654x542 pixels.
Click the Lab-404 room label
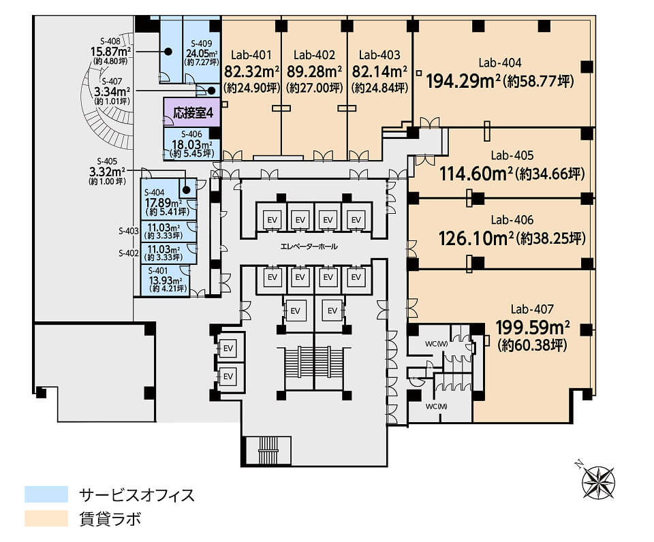(499, 63)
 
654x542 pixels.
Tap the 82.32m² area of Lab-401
(252, 71)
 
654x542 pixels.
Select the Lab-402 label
(314, 55)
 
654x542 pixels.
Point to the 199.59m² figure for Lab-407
(533, 328)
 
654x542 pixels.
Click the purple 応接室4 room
(191, 112)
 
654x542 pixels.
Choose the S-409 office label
(202, 44)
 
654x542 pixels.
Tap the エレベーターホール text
(309, 246)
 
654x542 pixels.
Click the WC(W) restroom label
(436, 344)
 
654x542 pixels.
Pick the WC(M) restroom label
(436, 406)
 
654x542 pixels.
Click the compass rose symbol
(598, 481)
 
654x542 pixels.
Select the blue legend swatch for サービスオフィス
(46, 494)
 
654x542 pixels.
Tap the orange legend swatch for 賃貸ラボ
(46, 519)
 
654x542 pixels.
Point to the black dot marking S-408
(168, 52)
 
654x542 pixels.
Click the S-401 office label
(157, 271)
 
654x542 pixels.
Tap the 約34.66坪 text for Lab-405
(550, 174)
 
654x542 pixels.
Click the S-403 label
(129, 231)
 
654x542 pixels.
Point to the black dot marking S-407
(211, 91)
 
